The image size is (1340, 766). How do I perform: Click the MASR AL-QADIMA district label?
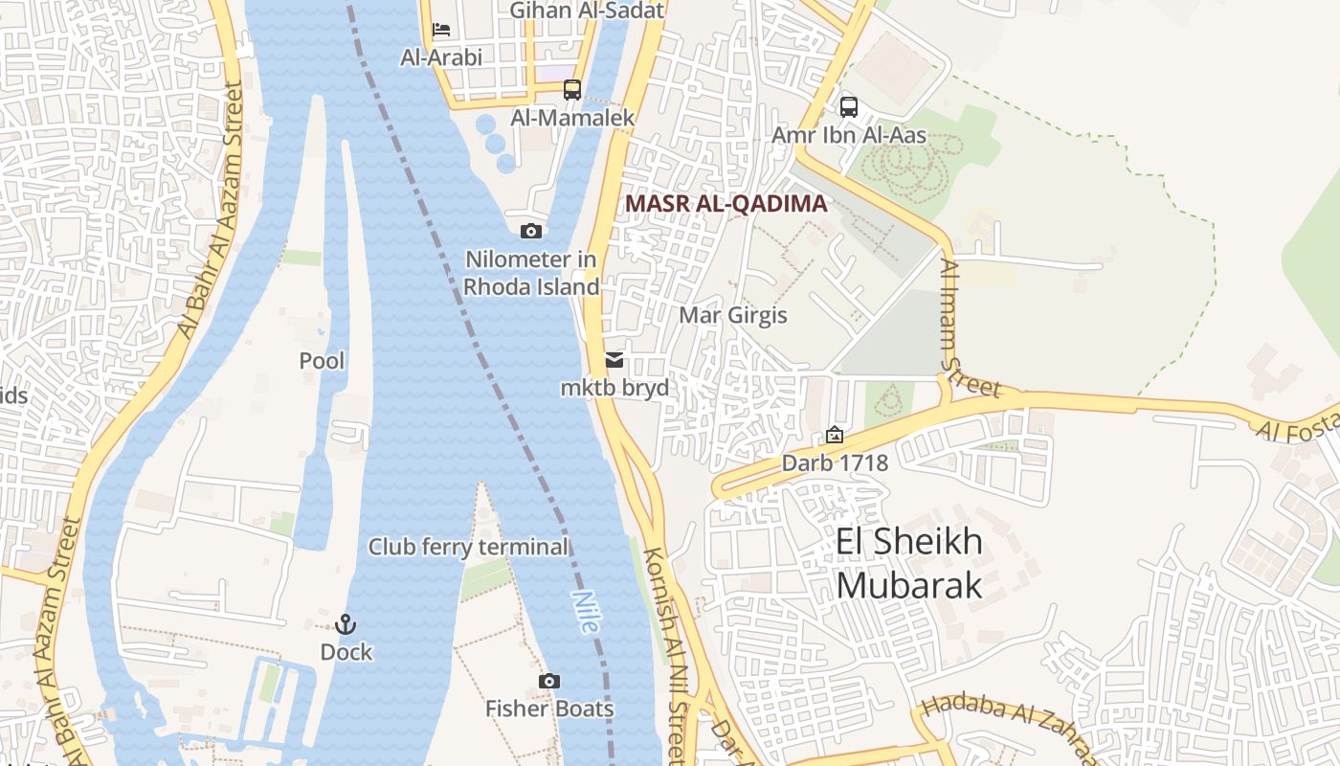pyautogui.click(x=726, y=203)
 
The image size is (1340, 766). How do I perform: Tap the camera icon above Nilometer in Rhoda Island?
pyautogui.click(x=530, y=231)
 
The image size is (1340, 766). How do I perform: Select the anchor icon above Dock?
pyautogui.click(x=346, y=624)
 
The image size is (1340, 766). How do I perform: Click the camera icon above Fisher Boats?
pyautogui.click(x=548, y=681)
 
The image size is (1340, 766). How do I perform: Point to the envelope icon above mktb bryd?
pyautogui.click(x=614, y=360)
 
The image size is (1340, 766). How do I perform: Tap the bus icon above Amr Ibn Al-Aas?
pyautogui.click(x=848, y=106)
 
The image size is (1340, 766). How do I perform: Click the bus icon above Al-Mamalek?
pyautogui.click(x=572, y=90)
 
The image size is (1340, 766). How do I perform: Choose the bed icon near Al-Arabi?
pyautogui.click(x=441, y=29)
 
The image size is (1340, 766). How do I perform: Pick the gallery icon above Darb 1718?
pyautogui.click(x=835, y=435)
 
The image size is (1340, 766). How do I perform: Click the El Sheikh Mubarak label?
pyautogui.click(x=909, y=563)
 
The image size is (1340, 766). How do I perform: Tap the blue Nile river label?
pyautogui.click(x=585, y=612)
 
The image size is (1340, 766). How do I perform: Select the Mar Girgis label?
pyautogui.click(x=733, y=315)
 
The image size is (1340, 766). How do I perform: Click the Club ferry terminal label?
pyautogui.click(x=469, y=547)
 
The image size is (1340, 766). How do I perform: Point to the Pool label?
pyautogui.click(x=322, y=361)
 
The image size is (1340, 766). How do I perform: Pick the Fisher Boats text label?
pyautogui.click(x=549, y=709)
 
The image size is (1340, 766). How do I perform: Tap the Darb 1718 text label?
pyautogui.click(x=835, y=463)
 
